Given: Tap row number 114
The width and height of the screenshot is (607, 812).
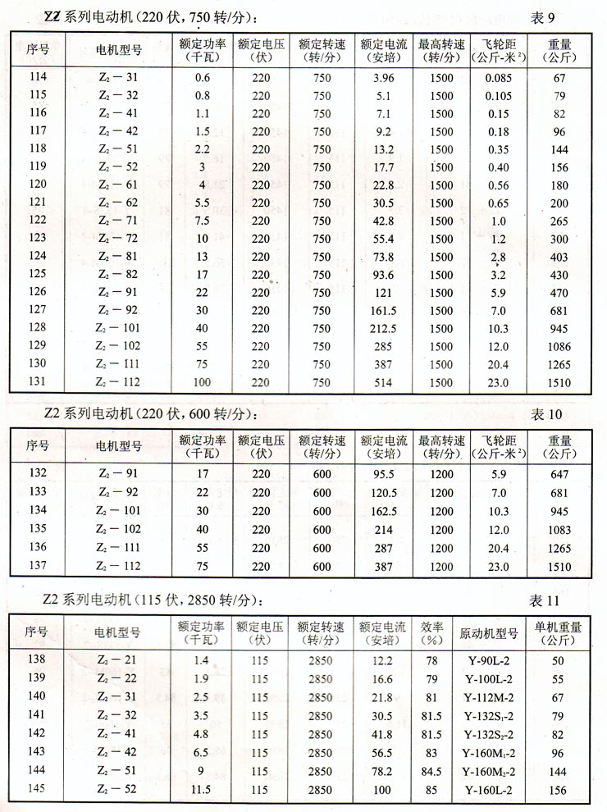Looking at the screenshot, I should [x=38, y=78].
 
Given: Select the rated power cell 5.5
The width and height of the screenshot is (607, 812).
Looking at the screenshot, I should [x=202, y=203].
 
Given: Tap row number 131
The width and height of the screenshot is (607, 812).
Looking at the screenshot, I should [x=38, y=382].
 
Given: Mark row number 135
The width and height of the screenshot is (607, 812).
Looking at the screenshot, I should [x=38, y=530].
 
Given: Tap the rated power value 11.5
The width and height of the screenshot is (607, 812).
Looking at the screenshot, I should [x=202, y=789].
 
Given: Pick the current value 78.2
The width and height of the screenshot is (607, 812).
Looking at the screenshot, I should [x=383, y=771].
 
